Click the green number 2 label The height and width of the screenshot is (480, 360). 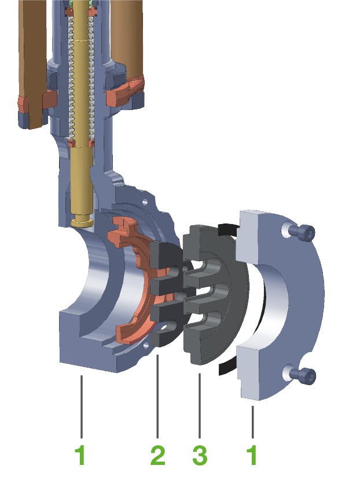[x=157, y=455]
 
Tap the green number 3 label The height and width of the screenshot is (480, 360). [x=200, y=455]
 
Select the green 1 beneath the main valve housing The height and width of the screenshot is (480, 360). [x=81, y=455]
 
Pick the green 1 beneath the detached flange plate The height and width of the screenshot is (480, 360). [x=252, y=455]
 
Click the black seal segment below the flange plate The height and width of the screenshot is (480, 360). [x=228, y=369]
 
